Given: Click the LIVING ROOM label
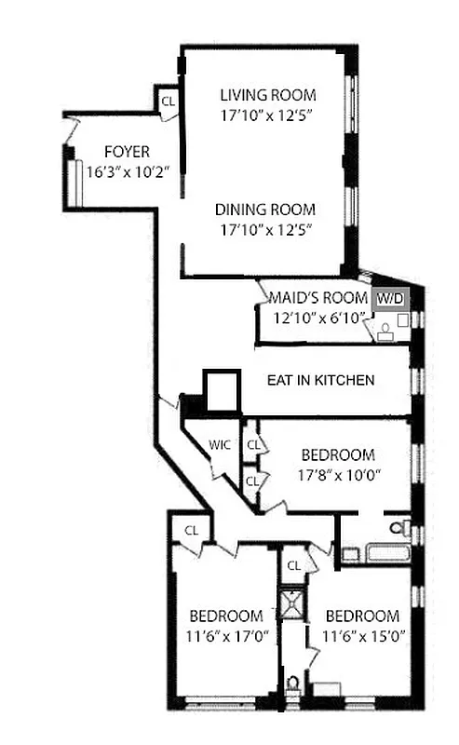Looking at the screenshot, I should coord(267,95).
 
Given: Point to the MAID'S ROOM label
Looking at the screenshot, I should coord(318,298).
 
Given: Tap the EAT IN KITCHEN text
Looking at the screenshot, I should coord(321,380).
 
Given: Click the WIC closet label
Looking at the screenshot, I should coord(220,445).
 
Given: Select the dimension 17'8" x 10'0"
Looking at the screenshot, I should coord(338,474).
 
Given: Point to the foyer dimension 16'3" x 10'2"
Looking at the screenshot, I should coord(127,172).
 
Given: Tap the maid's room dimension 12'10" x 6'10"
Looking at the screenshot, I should coord(318,318).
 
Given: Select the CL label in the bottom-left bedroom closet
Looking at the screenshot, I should coord(191,530).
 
